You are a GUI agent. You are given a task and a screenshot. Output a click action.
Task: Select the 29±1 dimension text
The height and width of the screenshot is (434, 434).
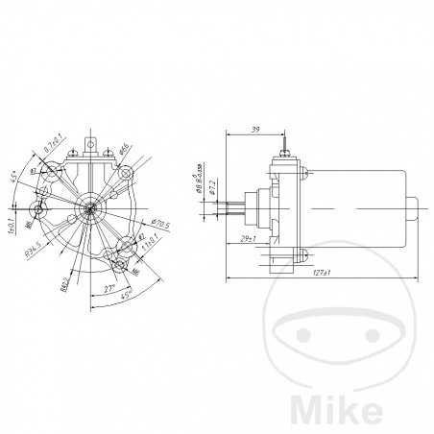(246, 237)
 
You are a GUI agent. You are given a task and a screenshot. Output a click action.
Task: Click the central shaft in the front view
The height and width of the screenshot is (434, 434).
(89, 205)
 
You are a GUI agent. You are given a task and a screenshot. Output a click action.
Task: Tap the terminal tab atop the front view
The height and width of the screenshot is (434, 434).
(92, 147)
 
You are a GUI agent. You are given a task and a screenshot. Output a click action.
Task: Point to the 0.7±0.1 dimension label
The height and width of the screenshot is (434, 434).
(53, 147)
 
